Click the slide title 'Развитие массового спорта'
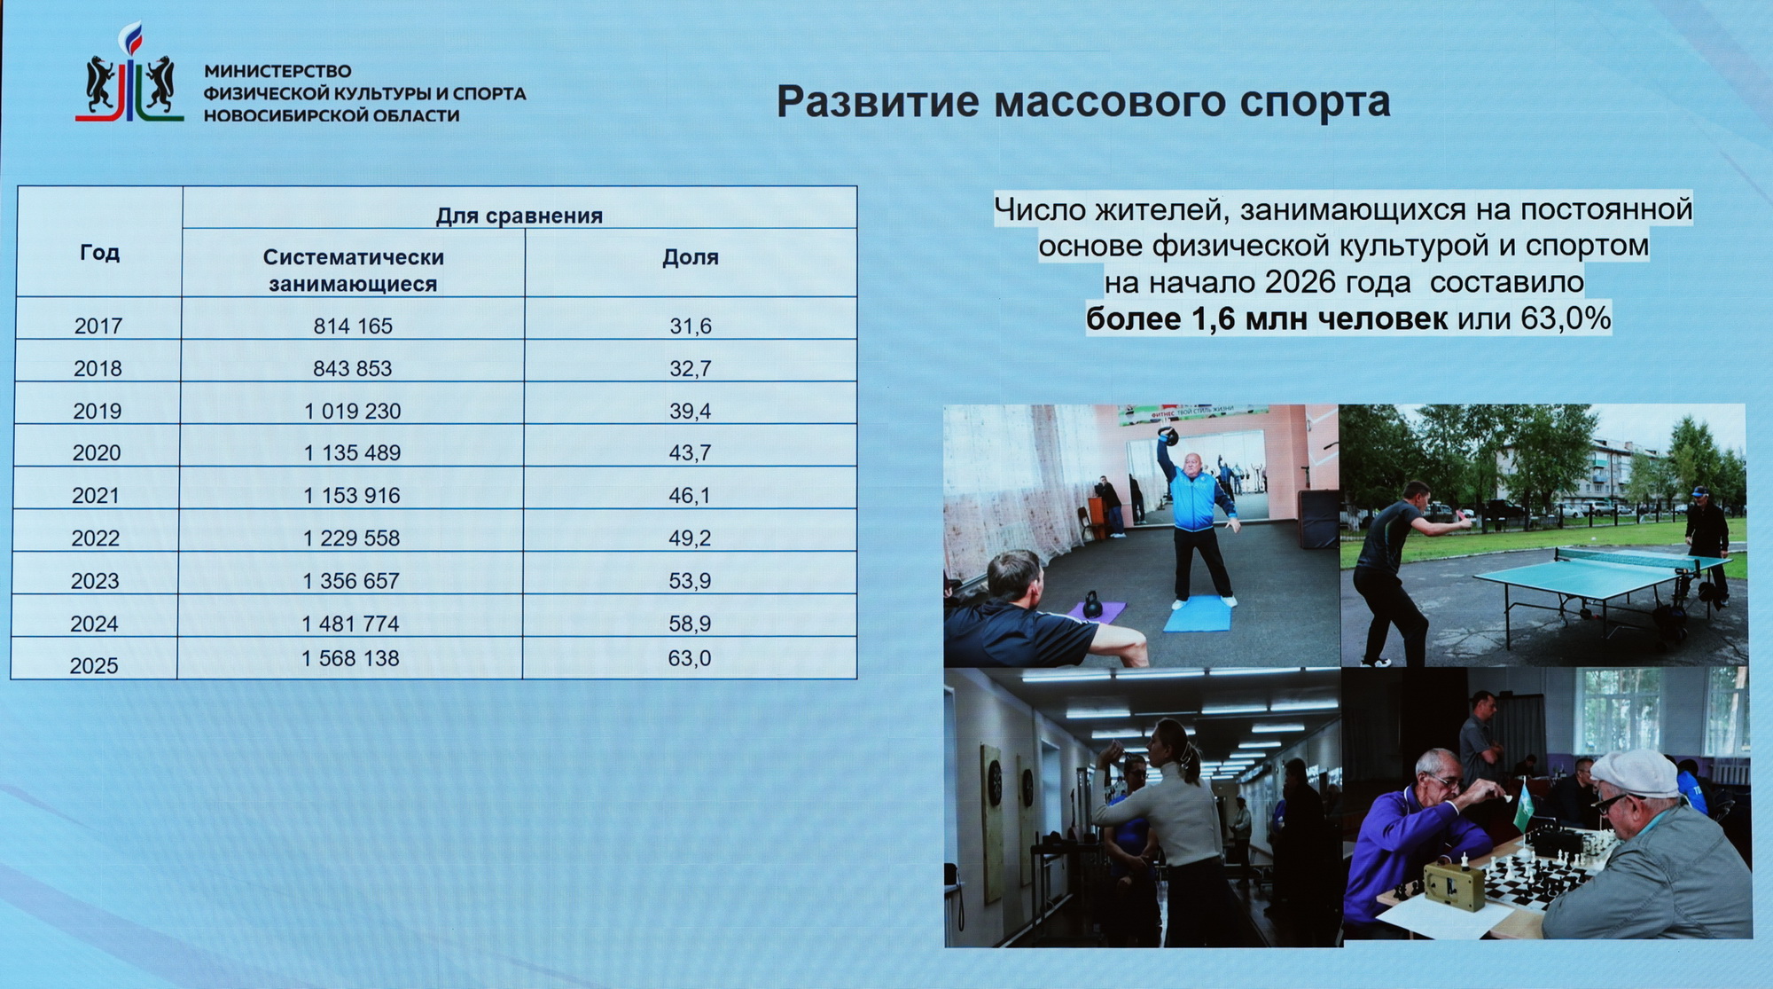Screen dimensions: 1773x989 [x=1083, y=102]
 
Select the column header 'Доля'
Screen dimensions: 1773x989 [x=691, y=257]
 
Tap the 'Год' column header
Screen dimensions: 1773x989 [x=99, y=253]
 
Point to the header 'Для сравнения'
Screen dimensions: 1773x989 [x=519, y=216]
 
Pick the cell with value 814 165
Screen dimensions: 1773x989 [x=353, y=326]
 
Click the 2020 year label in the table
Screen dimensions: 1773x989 [x=97, y=453]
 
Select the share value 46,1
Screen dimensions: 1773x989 [x=690, y=495]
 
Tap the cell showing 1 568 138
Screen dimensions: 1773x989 [x=350, y=658]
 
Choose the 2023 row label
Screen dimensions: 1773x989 [x=95, y=581]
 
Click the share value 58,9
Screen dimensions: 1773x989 [x=690, y=624]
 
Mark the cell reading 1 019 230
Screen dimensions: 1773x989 [x=353, y=411]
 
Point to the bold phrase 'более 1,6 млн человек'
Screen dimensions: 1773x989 [x=1267, y=318]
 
